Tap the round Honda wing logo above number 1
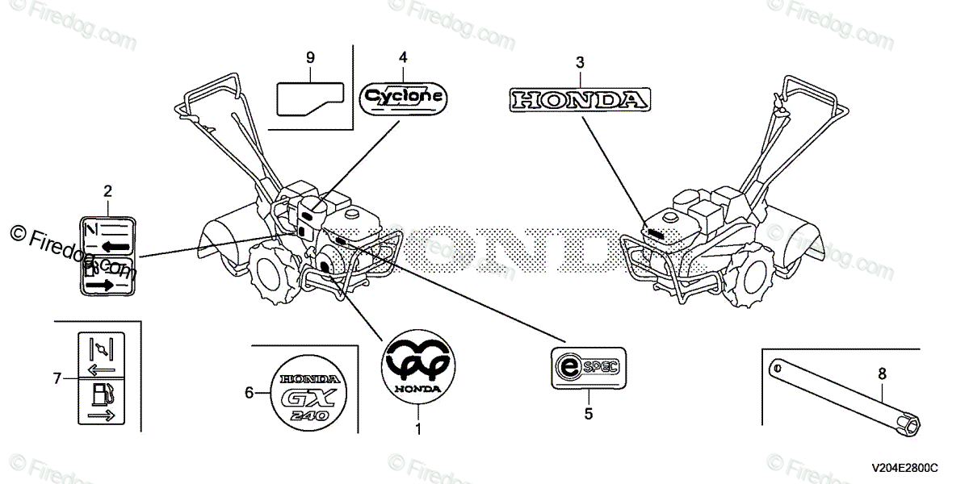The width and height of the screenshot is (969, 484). coord(418,366)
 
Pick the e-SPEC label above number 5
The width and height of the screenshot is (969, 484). coord(588,368)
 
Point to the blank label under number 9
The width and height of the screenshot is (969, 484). coord(311,98)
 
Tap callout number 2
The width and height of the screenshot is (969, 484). coord(107,191)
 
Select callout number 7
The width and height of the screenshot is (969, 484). coord(57,378)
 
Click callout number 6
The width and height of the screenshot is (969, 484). coord(250,393)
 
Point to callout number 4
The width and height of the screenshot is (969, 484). coord(402,57)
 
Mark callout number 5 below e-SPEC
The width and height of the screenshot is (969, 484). coord(588,414)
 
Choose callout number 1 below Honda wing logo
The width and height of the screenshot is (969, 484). coord(418,429)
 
